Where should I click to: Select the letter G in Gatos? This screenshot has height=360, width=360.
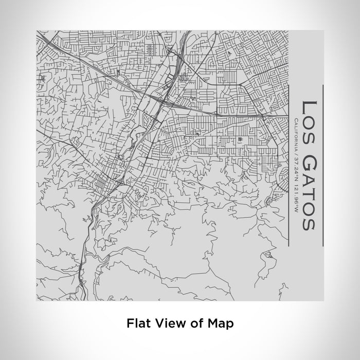click(308, 154)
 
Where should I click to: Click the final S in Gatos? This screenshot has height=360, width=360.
click(308, 223)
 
